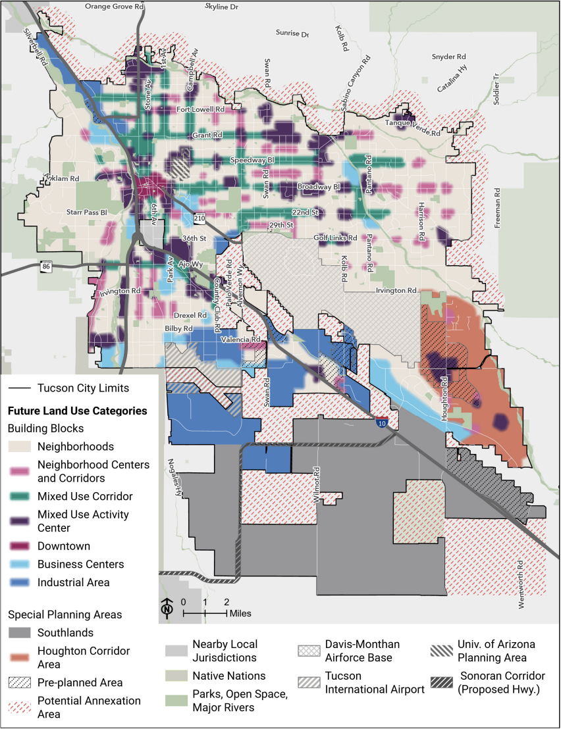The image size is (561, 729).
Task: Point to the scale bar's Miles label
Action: click(240, 613)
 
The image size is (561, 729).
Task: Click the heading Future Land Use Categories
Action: click(77, 411)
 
